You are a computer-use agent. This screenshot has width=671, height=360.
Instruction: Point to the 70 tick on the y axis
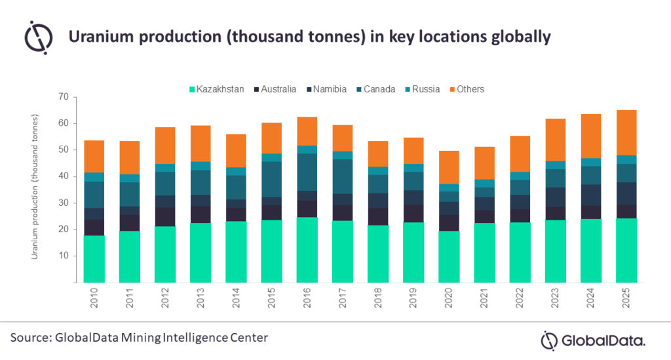63,97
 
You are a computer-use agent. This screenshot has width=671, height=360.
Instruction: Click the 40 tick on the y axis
63,176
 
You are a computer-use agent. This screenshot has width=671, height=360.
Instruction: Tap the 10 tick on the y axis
63,256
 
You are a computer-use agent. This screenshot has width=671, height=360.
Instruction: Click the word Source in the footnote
31,338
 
